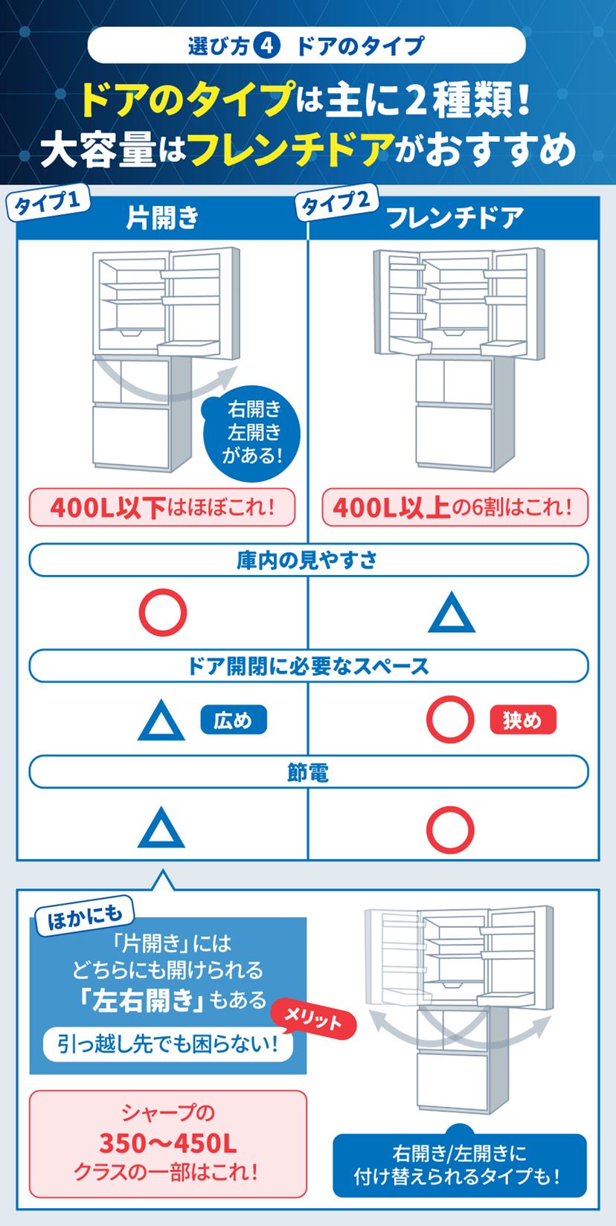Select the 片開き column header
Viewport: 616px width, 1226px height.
162,218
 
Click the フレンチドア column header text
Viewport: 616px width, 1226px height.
455,218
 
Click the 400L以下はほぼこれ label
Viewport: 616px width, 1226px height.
162,507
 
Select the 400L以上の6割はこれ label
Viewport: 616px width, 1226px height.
454,507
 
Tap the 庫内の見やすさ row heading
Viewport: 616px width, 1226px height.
308,560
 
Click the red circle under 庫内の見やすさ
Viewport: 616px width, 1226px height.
162,612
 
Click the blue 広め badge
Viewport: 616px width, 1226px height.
233,720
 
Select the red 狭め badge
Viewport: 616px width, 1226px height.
523,720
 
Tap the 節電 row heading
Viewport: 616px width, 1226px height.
308,773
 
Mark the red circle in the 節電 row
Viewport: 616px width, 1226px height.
450,829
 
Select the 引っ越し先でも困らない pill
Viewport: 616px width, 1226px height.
167,1044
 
